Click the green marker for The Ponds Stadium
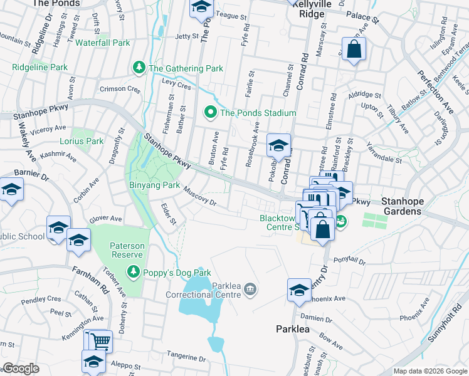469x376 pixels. (211, 113)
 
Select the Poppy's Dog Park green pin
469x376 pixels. (133, 272)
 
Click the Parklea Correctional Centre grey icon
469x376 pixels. (250, 288)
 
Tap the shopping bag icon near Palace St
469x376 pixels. (354, 50)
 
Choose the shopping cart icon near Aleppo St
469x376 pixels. (101, 342)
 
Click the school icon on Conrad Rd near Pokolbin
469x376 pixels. (278, 145)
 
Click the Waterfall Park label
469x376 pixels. (103, 43)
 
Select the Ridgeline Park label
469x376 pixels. (40, 67)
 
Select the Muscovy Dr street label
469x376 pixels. (199, 198)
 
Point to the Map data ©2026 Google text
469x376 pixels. (429, 371)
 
